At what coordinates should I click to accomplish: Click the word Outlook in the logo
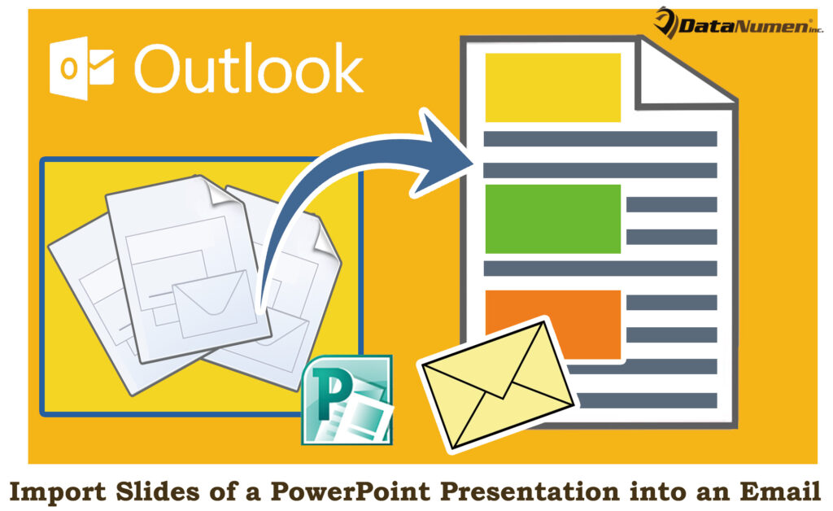(249, 70)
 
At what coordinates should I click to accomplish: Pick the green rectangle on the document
(552, 219)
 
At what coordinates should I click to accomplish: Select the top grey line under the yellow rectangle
(600, 139)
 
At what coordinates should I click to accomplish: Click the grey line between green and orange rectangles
(600, 268)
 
